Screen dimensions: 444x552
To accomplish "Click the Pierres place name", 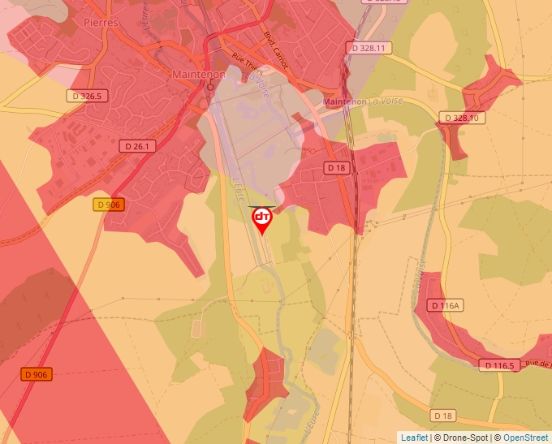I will pyautogui.click(x=101, y=23).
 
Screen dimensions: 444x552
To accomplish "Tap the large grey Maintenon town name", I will pyautogui.click(x=198, y=73).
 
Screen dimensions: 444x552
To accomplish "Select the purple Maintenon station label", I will pyautogui.click(x=345, y=101).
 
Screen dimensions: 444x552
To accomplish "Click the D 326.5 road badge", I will pyautogui.click(x=87, y=97).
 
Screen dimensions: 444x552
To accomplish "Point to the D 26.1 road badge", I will pyautogui.click(x=137, y=146).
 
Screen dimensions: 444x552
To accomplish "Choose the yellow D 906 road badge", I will pyautogui.click(x=109, y=205).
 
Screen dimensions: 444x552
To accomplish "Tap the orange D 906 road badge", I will pyautogui.click(x=37, y=374).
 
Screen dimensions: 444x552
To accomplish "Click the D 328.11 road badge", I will pyautogui.click(x=369, y=49).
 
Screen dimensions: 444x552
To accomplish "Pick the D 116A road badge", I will pyautogui.click(x=446, y=305).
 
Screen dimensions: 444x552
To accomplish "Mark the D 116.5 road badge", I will pyautogui.click(x=497, y=365).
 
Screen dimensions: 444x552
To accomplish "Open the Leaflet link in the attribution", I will pyautogui.click(x=413, y=438).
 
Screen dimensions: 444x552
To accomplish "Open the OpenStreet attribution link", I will pyautogui.click(x=525, y=438).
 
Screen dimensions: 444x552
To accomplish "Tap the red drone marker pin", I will pyautogui.click(x=262, y=219).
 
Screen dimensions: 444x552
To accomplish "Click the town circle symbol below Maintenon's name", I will pyautogui.click(x=210, y=85).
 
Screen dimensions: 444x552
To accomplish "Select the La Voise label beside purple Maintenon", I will pyautogui.click(x=386, y=101).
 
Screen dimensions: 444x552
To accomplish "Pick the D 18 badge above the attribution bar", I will pyautogui.click(x=443, y=416).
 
